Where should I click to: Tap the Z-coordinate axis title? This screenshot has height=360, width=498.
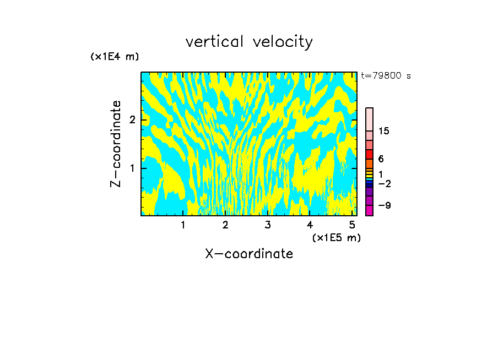click(x=116, y=144)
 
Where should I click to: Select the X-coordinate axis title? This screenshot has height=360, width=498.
click(x=249, y=254)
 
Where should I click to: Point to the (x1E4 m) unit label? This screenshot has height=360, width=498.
click(x=115, y=57)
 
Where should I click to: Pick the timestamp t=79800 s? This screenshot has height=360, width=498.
click(x=386, y=76)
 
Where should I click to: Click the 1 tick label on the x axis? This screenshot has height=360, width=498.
click(x=183, y=225)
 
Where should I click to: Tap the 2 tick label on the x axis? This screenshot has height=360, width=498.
click(x=225, y=225)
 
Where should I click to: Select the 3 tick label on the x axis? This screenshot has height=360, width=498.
click(x=268, y=225)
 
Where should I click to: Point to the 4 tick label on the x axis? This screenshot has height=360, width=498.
click(x=310, y=225)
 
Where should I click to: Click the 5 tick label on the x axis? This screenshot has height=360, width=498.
click(x=352, y=225)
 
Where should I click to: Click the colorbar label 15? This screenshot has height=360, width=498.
click(x=384, y=131)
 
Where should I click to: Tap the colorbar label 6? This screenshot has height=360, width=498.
click(x=381, y=159)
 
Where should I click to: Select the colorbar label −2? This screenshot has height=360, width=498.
click(x=384, y=183)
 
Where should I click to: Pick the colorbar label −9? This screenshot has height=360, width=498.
click(x=384, y=205)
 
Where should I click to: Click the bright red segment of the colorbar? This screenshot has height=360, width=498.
click(x=369, y=154)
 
